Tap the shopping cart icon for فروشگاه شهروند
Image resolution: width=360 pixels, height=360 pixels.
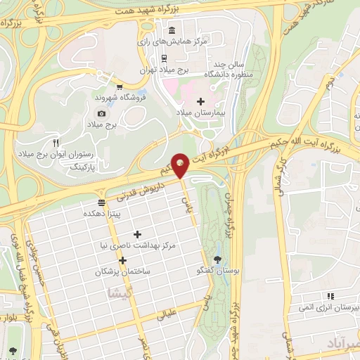pos(120,86)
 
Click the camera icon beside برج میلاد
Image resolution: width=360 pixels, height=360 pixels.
pos(102,113)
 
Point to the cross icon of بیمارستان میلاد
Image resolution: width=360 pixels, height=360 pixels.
pos(200,101)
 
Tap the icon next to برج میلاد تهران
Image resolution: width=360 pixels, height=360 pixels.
pos(164,58)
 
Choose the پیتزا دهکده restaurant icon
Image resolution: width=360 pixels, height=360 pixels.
pos(102,202)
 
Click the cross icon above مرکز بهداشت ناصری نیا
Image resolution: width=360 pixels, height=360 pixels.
pos(137,233)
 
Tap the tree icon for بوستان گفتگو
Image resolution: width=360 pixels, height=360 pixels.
pos(217,260)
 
